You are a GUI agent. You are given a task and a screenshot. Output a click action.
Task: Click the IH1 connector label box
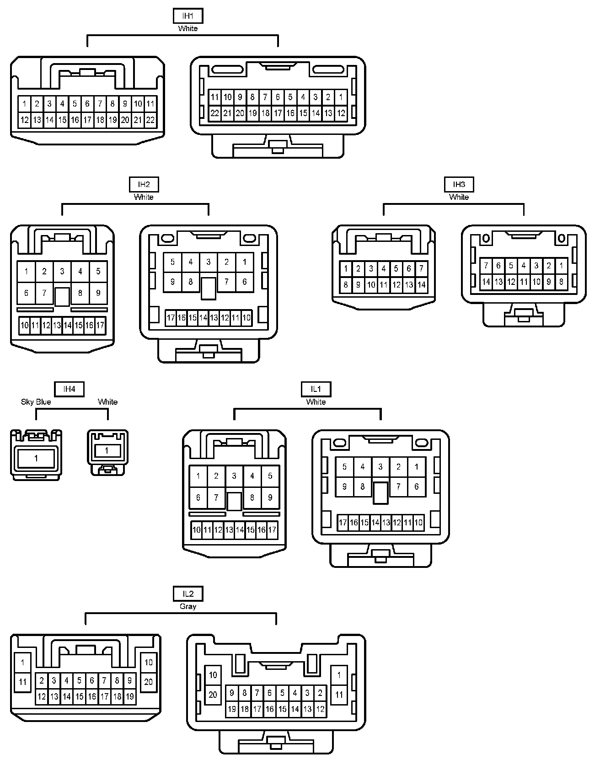pyautogui.click(x=187, y=16)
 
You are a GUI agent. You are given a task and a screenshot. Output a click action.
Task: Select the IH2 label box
pyautogui.click(x=144, y=185)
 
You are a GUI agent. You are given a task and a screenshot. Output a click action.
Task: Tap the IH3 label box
pyautogui.click(x=459, y=185)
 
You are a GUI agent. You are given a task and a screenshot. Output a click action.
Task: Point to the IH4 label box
pyautogui.click(x=69, y=389)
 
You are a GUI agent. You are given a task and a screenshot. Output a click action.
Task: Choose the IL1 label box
pyautogui.click(x=316, y=389)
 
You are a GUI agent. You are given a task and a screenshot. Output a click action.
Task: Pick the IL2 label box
pyautogui.click(x=188, y=594)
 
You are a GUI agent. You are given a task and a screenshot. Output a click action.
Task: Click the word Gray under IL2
pyautogui.click(x=188, y=606)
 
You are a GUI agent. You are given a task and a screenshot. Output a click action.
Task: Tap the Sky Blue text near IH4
pyautogui.click(x=36, y=402)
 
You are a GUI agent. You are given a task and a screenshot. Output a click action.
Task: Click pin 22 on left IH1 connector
pyautogui.click(x=150, y=120)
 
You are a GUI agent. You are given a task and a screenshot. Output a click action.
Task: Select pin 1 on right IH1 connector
pyautogui.click(x=341, y=97)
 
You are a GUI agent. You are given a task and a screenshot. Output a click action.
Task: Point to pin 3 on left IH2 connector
pyautogui.click(x=62, y=272)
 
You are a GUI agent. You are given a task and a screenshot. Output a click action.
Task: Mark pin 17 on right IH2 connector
pyautogui.click(x=171, y=318)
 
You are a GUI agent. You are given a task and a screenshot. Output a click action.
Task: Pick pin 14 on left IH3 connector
pyautogui.click(x=421, y=285)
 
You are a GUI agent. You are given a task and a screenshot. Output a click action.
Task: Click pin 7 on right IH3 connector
pyautogui.click(x=486, y=266)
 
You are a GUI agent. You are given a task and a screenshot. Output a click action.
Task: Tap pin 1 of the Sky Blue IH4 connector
pyautogui.click(x=36, y=458)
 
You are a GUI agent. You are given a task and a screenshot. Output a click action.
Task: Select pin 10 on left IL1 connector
pyautogui.click(x=197, y=530)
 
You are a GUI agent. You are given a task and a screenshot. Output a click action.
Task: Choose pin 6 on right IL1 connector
pyautogui.click(x=416, y=487)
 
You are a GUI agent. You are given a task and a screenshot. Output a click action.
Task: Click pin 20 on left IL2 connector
pyautogui.click(x=149, y=682)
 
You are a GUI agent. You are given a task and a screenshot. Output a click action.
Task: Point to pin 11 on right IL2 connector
pyautogui.click(x=339, y=695)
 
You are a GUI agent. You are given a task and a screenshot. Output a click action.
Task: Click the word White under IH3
pyautogui.click(x=459, y=197)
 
